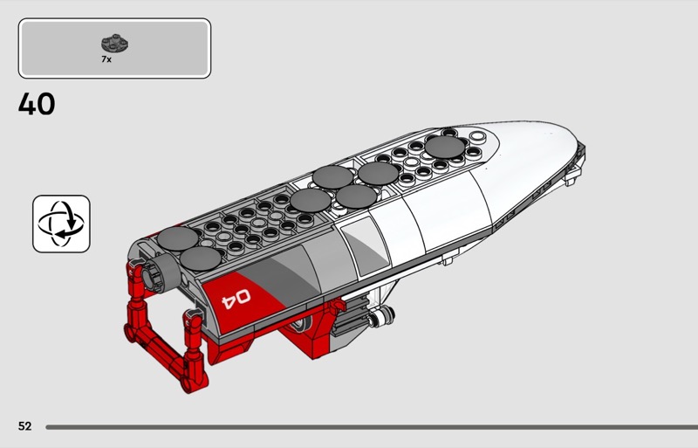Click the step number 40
(x=37, y=104)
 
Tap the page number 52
(x=25, y=426)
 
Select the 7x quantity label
(x=106, y=59)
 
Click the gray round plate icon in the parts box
(x=115, y=44)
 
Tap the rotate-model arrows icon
(x=61, y=224)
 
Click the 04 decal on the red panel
(x=236, y=298)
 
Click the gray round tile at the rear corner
(x=178, y=238)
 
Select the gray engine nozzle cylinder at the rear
(x=160, y=272)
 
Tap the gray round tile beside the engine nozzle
(x=201, y=259)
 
